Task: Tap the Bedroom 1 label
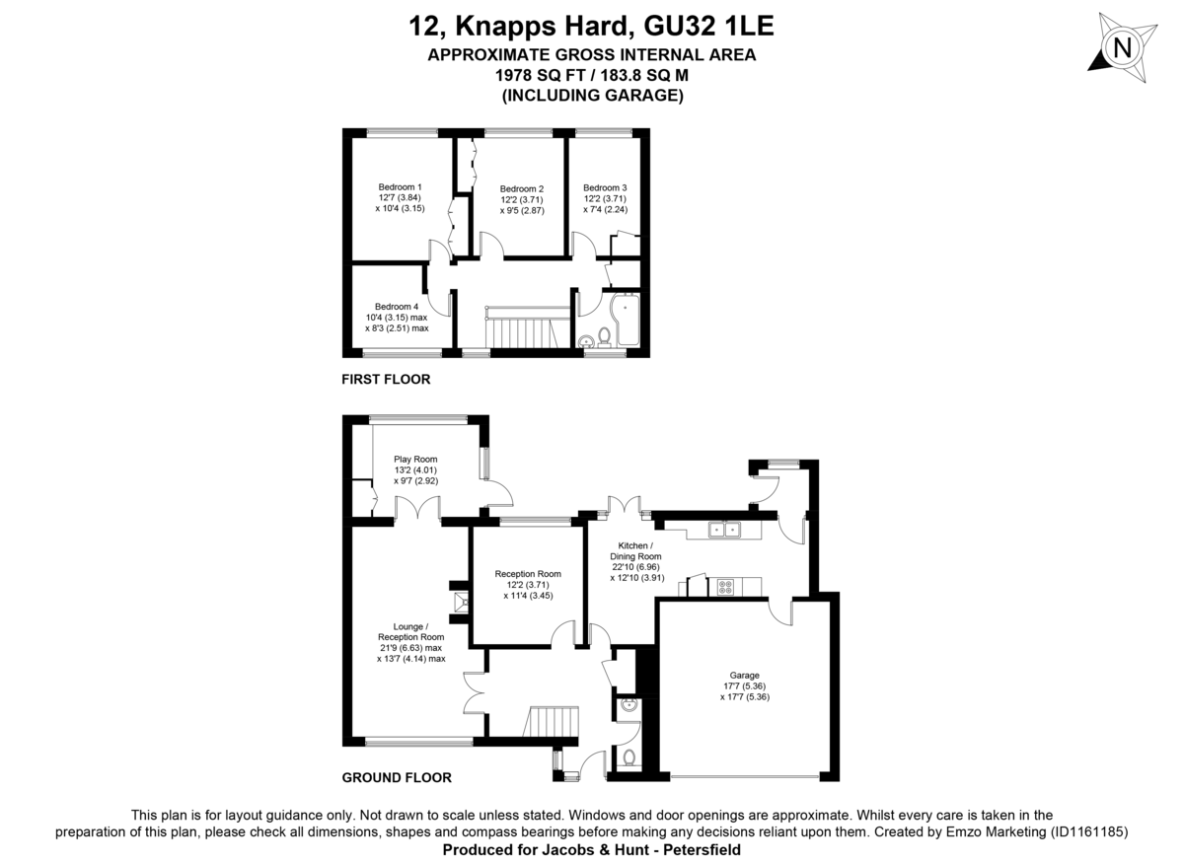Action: point(400,187)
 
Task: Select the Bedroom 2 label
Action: point(521,189)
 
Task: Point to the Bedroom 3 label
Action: point(604,188)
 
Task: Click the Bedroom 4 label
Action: point(396,307)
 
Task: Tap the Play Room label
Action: point(415,460)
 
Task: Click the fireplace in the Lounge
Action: point(459,601)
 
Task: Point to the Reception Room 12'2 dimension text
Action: point(528,585)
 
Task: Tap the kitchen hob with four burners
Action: point(726,587)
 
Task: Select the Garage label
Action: point(745,676)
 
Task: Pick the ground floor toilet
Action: point(629,757)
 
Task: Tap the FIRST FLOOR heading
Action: point(386,379)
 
